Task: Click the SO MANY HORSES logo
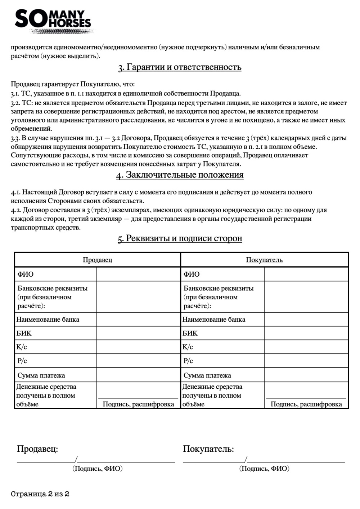tap(53, 21)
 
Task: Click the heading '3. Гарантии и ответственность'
tap(180, 67)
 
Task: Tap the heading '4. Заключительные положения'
tap(180, 175)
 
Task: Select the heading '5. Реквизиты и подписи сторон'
tap(180, 238)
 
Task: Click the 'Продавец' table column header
tap(97, 260)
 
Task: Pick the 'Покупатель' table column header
tap(264, 260)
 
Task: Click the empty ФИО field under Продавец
tap(138, 274)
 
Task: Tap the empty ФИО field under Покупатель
tap(306, 274)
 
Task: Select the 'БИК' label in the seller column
tap(24, 333)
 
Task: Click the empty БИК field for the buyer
tap(306, 333)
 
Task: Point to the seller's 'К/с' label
tap(22, 347)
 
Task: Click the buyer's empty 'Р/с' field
tap(306, 361)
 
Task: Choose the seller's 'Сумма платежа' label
tap(41, 375)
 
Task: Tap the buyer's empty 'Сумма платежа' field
tap(306, 375)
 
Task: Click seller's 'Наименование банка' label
tap(48, 320)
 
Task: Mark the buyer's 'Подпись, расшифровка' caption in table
tap(306, 404)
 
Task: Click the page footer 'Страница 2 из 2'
tap(40, 494)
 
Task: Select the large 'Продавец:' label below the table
tap(37, 449)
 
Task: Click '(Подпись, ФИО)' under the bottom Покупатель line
tap(264, 468)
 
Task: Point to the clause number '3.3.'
tap(15, 138)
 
